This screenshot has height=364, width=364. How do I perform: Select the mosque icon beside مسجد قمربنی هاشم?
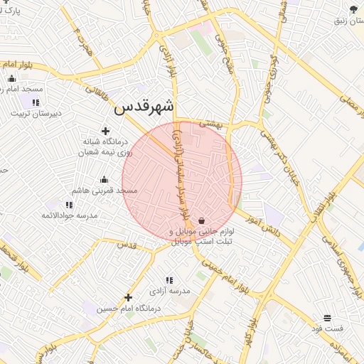tap(105, 179)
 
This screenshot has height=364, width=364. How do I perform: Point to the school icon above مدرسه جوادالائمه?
tap(69, 205)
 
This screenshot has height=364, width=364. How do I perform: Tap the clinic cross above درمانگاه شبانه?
tap(106, 131)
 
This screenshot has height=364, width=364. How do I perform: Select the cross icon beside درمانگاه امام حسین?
tap(128, 297)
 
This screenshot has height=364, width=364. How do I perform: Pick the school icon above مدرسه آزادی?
tap(170, 281)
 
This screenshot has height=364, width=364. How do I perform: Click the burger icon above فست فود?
tap(327, 318)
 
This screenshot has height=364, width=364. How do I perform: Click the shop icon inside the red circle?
tap(202, 221)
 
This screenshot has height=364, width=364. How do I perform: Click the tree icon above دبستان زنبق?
tap(353, 9)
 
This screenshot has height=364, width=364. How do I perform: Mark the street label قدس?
tap(126, 245)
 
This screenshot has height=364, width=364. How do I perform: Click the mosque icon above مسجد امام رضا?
tap(11, 79)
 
